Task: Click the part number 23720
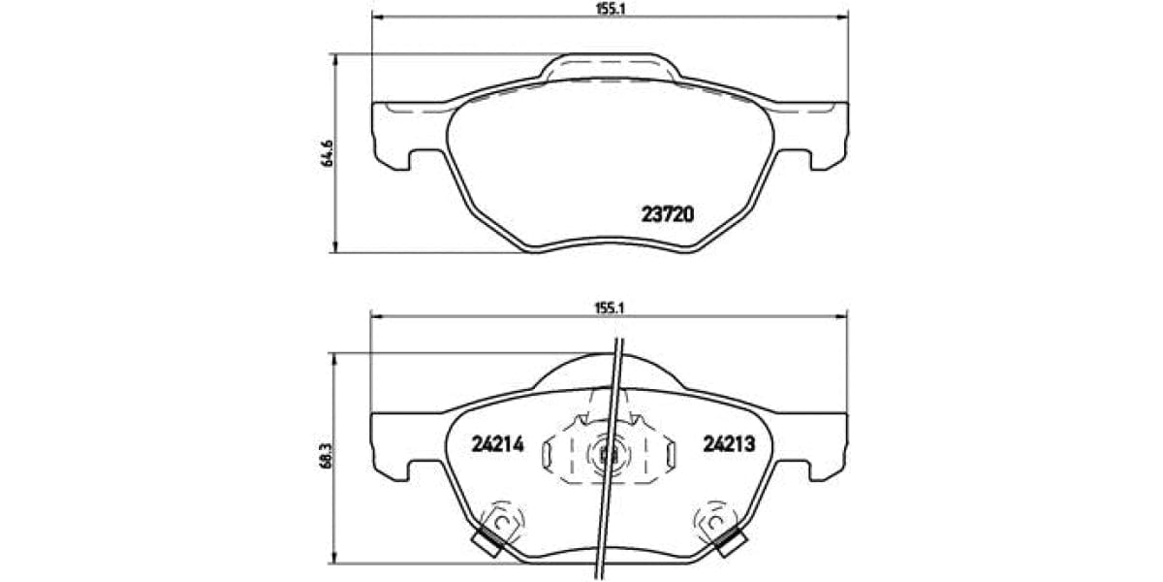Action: [667, 214]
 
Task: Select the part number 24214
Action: [497, 444]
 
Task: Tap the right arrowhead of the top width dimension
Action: [842, 17]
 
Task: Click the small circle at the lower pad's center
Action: [609, 453]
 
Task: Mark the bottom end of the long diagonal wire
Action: [602, 573]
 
